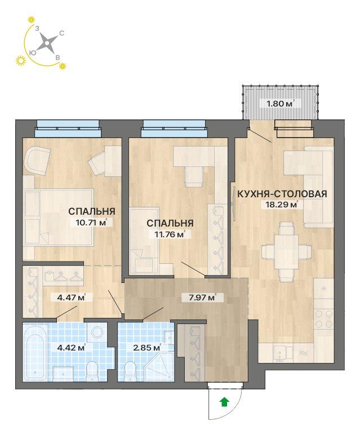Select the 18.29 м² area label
(x=280, y=205)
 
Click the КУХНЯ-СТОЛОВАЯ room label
(x=282, y=194)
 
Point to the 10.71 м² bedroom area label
(x=91, y=222)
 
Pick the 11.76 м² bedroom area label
(x=170, y=234)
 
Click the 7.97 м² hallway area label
(x=202, y=297)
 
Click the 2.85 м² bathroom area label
(x=147, y=348)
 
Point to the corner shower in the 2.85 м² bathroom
(x=159, y=367)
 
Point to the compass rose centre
(x=47, y=43)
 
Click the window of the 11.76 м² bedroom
(x=175, y=128)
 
